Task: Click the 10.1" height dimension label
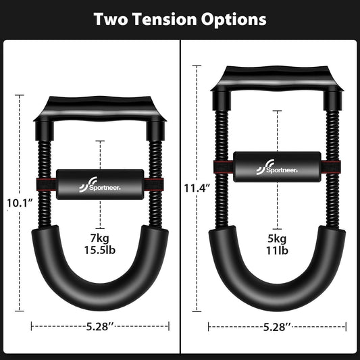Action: coord(19,202)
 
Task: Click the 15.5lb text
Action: coord(99,252)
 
